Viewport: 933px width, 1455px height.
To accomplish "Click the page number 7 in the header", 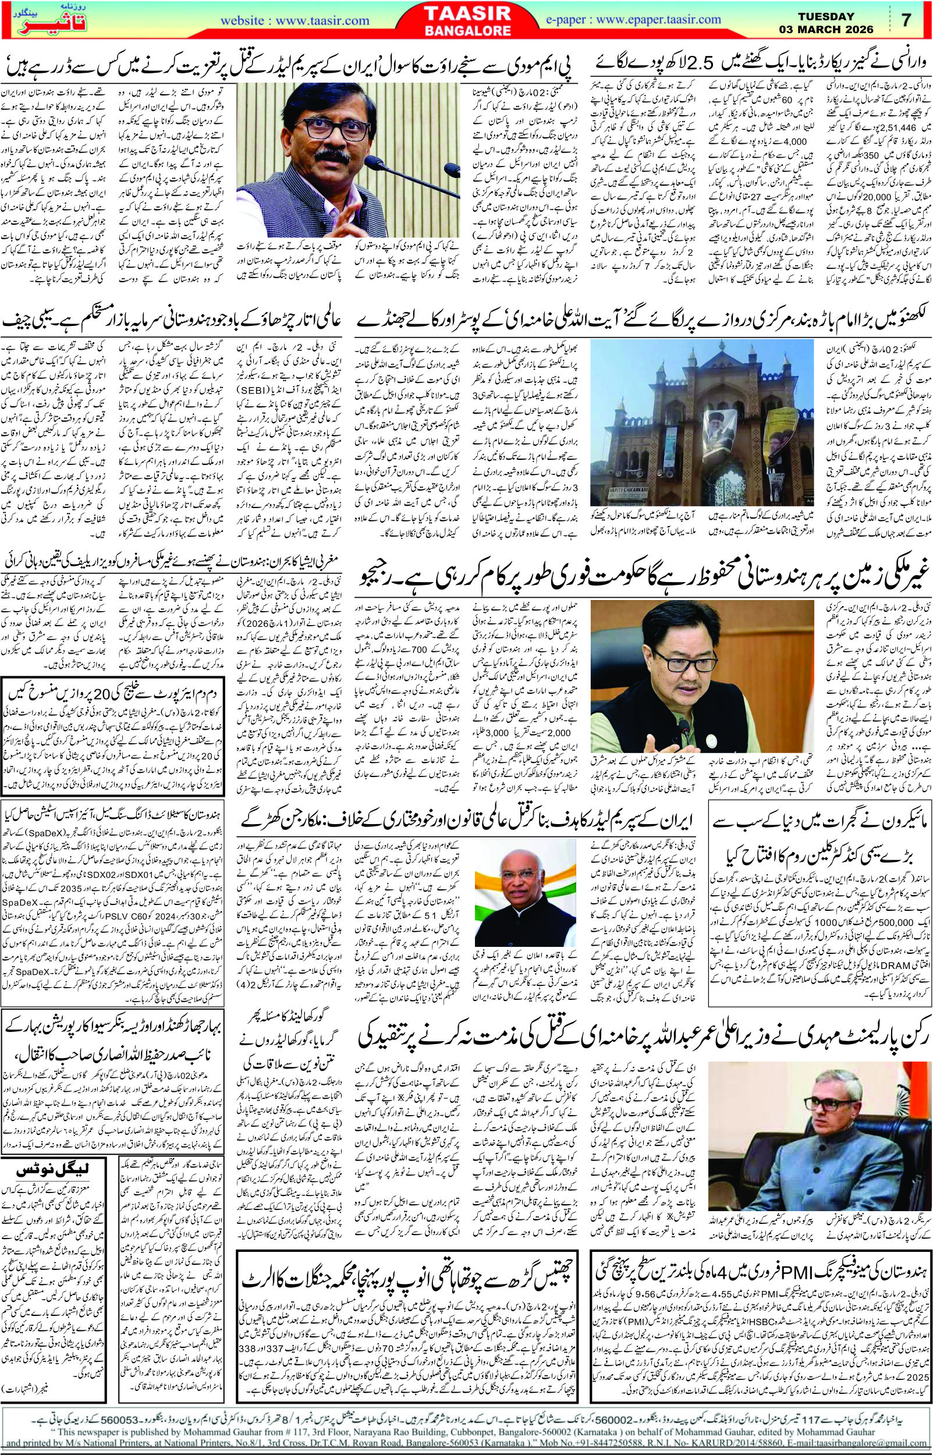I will coord(906,19).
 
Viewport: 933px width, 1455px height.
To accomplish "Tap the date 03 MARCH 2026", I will coord(826,29).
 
